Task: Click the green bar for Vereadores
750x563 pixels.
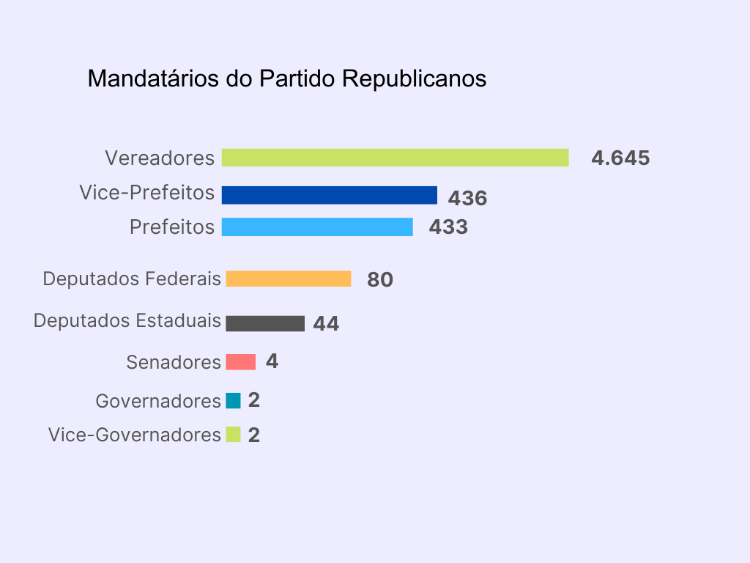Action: (x=396, y=158)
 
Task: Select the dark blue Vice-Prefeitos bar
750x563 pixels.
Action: (x=330, y=195)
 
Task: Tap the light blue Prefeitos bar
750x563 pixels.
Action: (x=317, y=227)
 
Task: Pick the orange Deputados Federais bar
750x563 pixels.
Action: (x=289, y=279)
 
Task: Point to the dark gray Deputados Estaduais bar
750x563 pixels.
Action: (x=265, y=323)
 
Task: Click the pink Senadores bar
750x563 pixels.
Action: (x=241, y=362)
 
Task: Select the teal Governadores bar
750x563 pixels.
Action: (x=233, y=401)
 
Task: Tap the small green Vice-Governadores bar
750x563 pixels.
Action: (x=233, y=435)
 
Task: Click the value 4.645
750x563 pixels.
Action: (x=620, y=158)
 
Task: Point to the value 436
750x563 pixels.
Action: (x=467, y=199)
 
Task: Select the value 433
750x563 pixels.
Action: (x=448, y=227)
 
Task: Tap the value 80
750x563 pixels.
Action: (x=380, y=280)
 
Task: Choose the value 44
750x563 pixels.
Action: (x=326, y=324)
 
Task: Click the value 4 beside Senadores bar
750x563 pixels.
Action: (x=272, y=361)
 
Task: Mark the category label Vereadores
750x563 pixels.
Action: (x=160, y=158)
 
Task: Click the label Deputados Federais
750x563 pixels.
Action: (x=132, y=279)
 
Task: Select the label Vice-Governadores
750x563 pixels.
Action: (x=135, y=435)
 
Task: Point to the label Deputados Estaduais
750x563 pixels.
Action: (x=127, y=321)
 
